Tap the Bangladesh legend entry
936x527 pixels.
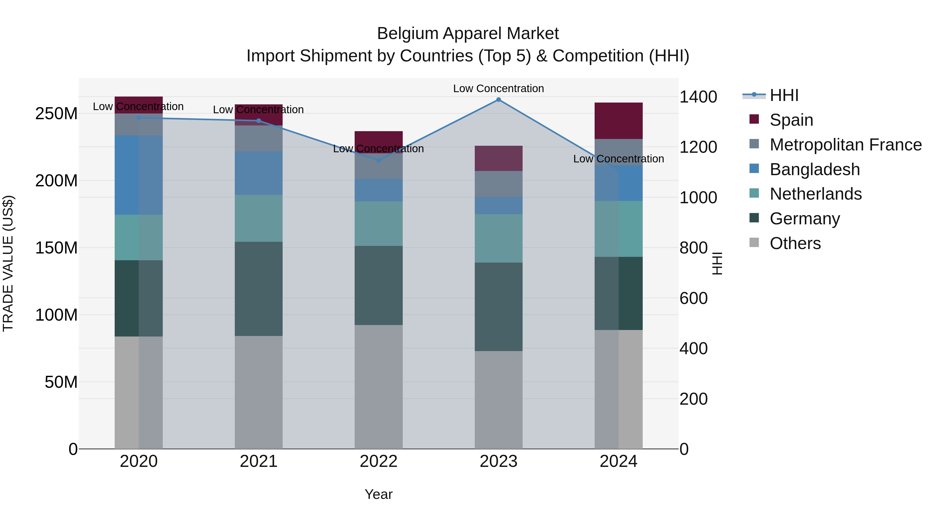point(814,169)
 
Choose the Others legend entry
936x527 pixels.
point(795,243)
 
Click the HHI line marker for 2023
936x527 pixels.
point(498,100)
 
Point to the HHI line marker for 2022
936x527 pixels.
point(379,160)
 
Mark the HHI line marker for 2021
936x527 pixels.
point(259,121)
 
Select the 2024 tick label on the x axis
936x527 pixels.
point(619,461)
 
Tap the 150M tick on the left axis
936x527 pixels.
point(56,248)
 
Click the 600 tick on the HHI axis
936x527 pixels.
point(693,298)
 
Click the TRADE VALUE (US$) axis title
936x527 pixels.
point(8,263)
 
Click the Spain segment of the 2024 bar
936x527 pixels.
point(619,121)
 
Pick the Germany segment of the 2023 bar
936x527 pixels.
point(498,307)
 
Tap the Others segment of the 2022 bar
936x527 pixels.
point(379,387)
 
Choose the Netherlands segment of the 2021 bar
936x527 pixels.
point(259,218)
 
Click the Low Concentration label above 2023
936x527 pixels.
point(498,89)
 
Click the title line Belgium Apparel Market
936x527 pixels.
point(468,34)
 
